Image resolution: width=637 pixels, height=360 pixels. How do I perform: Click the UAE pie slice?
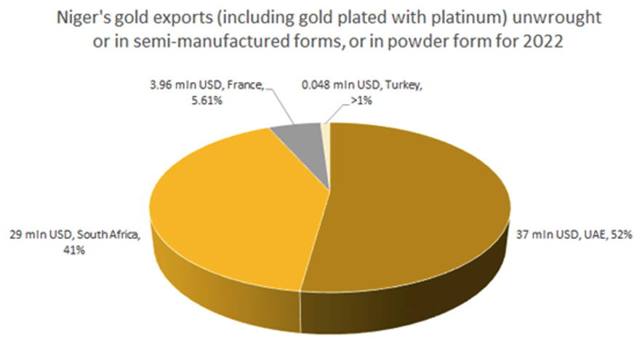point(422,204)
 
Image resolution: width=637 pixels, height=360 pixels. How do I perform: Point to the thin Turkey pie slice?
point(325,129)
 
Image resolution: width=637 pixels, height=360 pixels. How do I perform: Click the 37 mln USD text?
point(539,234)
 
